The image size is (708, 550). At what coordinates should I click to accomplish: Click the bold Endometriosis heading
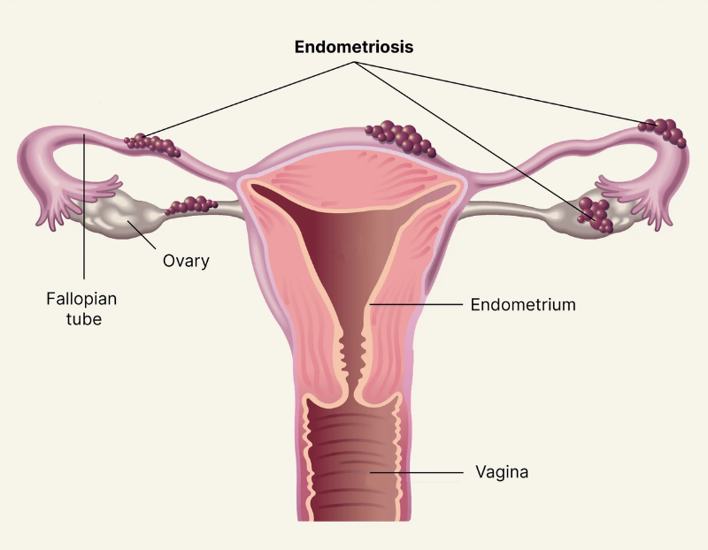(x=353, y=47)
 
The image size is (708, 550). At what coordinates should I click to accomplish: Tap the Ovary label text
(x=186, y=261)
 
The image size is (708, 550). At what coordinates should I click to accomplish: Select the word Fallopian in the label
(x=81, y=299)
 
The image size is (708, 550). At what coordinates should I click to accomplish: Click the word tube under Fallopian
(x=84, y=319)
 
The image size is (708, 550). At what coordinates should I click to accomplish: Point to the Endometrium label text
(x=523, y=304)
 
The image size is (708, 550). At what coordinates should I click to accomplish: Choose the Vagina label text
(x=502, y=472)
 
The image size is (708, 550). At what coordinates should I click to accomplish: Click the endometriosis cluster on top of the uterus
(x=401, y=138)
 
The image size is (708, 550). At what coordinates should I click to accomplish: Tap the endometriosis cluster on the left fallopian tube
(x=152, y=144)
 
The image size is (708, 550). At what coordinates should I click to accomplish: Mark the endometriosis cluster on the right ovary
(x=596, y=215)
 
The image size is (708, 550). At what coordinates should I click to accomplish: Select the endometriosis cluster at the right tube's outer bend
(x=663, y=133)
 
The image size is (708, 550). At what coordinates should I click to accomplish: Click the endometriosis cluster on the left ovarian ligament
(x=191, y=205)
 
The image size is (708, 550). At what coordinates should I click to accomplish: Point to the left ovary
(x=119, y=216)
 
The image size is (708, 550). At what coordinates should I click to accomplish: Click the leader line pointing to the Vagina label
(x=416, y=472)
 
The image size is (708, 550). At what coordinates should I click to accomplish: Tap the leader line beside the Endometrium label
(x=416, y=304)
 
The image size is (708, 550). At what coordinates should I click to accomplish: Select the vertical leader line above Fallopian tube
(x=84, y=206)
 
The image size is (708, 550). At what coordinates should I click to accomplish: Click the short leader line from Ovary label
(x=142, y=234)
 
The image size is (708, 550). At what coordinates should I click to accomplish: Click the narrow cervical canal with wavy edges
(x=352, y=361)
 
